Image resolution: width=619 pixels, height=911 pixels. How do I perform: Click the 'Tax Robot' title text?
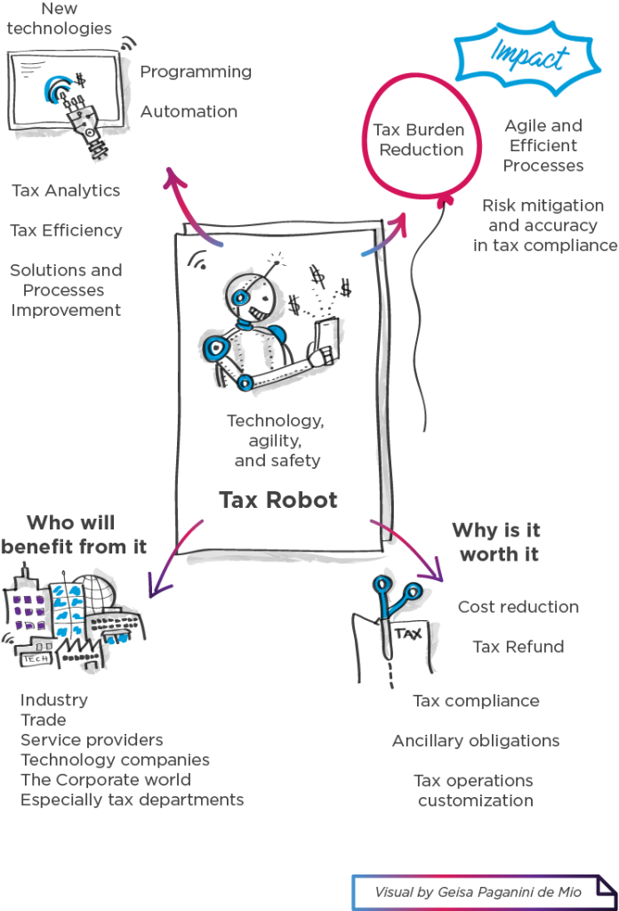(x=278, y=500)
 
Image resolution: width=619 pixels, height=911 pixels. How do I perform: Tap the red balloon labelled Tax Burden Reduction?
(x=421, y=141)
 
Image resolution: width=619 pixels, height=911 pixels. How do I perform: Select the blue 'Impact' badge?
(x=530, y=56)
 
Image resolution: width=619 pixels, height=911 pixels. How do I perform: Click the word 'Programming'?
(x=196, y=71)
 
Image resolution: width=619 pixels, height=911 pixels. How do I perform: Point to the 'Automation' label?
(x=189, y=112)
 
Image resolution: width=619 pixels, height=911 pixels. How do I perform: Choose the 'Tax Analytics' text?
(x=66, y=190)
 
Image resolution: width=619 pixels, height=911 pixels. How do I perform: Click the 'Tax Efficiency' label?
(x=66, y=230)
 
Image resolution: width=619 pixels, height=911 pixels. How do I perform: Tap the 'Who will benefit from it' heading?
(x=73, y=535)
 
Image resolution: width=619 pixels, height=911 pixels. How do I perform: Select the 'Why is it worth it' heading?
(x=496, y=542)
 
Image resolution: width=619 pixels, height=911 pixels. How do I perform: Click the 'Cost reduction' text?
(x=518, y=607)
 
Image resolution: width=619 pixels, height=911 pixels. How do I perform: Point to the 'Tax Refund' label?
(x=518, y=647)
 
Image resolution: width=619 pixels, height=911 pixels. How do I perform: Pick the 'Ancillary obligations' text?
(x=475, y=740)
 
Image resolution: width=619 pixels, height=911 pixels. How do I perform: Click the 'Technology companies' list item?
(x=116, y=760)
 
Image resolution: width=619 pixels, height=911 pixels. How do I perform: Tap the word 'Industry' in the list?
(x=54, y=700)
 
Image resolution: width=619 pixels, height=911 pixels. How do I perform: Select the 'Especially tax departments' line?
(x=132, y=800)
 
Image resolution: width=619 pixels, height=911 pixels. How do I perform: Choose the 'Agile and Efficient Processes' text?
(x=543, y=146)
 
